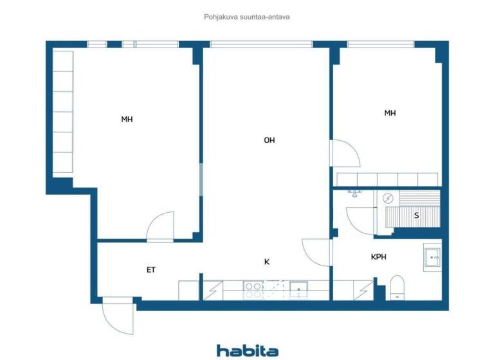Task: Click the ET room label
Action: pyautogui.click(x=151, y=270)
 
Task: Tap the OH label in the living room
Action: pyautogui.click(x=269, y=139)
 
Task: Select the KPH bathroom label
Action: pyautogui.click(x=378, y=257)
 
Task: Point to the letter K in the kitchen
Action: pyautogui.click(x=266, y=262)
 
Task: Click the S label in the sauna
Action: pyautogui.click(x=416, y=215)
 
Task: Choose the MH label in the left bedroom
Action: pyautogui.click(x=127, y=119)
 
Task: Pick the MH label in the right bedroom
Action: pyautogui.click(x=390, y=113)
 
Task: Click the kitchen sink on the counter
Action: pyautogui.click(x=298, y=290)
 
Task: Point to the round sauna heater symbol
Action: pyautogui.click(x=388, y=198)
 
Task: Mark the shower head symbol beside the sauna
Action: pyautogui.click(x=355, y=192)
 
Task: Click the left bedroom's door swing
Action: pyautogui.click(x=161, y=227)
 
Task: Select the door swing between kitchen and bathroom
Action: pyautogui.click(x=316, y=253)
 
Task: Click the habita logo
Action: pyautogui.click(x=247, y=350)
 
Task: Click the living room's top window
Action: pyautogui.click(x=261, y=44)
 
